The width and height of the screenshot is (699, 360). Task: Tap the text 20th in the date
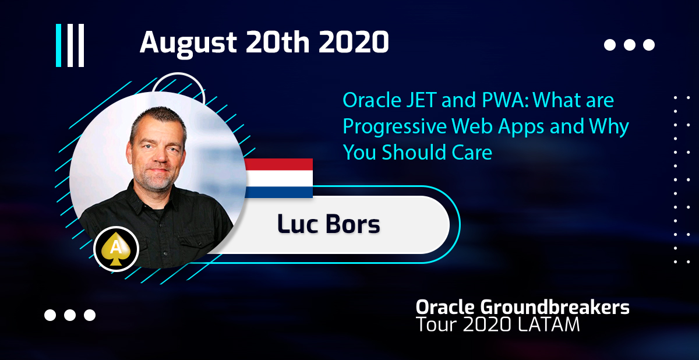coord(277,42)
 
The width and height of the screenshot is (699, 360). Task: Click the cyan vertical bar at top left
coord(58,45)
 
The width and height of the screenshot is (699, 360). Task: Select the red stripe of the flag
coord(278,164)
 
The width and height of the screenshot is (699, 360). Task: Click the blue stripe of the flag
coord(278,192)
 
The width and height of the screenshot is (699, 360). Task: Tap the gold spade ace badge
coord(116,249)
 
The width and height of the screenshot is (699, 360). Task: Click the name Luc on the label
coord(298,224)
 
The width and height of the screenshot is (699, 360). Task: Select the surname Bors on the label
coord(352,224)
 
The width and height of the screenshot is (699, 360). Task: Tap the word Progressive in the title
coord(395,127)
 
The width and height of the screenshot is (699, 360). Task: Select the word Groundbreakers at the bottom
coord(555,308)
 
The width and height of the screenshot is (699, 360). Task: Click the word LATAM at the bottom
coord(549,324)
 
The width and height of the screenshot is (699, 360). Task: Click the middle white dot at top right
coord(630,45)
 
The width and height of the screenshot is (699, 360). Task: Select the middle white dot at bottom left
coord(70,315)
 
